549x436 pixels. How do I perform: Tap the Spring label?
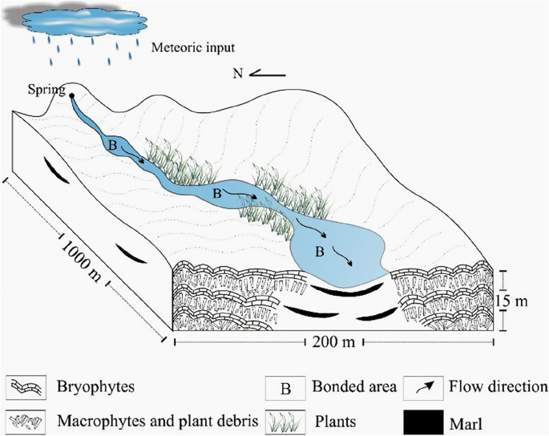[46, 89]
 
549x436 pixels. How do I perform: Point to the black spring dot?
[72, 95]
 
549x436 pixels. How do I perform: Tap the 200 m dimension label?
[331, 341]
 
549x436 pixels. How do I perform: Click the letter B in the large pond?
[319, 252]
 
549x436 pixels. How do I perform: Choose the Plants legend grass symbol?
[285, 419]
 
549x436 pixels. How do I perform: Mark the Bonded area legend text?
[353, 389]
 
